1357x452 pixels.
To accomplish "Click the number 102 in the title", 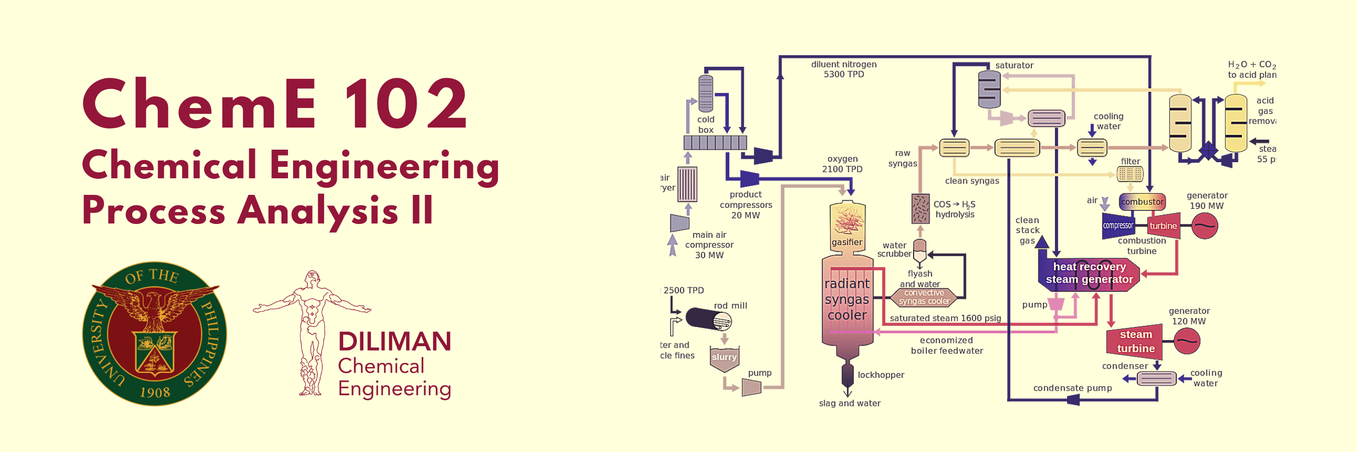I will pyautogui.click(x=406, y=103).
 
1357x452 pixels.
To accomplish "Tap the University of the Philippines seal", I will pyautogui.click(x=154, y=333).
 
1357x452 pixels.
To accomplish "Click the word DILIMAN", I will pyautogui.click(x=395, y=342).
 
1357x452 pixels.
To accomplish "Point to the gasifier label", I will pyautogui.click(x=846, y=242).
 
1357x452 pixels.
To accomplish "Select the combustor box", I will pyautogui.click(x=1141, y=201).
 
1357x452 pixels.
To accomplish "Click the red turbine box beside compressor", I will pyautogui.click(x=1163, y=225).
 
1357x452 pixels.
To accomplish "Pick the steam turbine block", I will pyautogui.click(x=1135, y=342).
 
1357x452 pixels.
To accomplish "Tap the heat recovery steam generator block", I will pyautogui.click(x=1089, y=273).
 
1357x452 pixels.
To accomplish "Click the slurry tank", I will pyautogui.click(x=724, y=358).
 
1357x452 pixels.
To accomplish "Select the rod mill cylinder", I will pyautogui.click(x=708, y=319).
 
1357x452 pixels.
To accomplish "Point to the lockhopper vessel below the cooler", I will pyautogui.click(x=847, y=376).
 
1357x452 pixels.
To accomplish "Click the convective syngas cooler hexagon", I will pyautogui.click(x=924, y=297).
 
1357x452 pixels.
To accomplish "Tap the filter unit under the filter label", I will pyautogui.click(x=1130, y=174).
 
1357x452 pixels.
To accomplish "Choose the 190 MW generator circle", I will pyautogui.click(x=1204, y=227).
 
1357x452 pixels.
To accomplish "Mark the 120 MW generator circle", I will pyautogui.click(x=1187, y=341).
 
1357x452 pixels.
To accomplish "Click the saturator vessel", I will pyautogui.click(x=989, y=89).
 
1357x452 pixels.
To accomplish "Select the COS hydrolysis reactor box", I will pyautogui.click(x=920, y=208).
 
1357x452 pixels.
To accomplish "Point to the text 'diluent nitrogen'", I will pyautogui.click(x=843, y=64).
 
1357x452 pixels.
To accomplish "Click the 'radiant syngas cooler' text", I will pyautogui.click(x=846, y=299).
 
